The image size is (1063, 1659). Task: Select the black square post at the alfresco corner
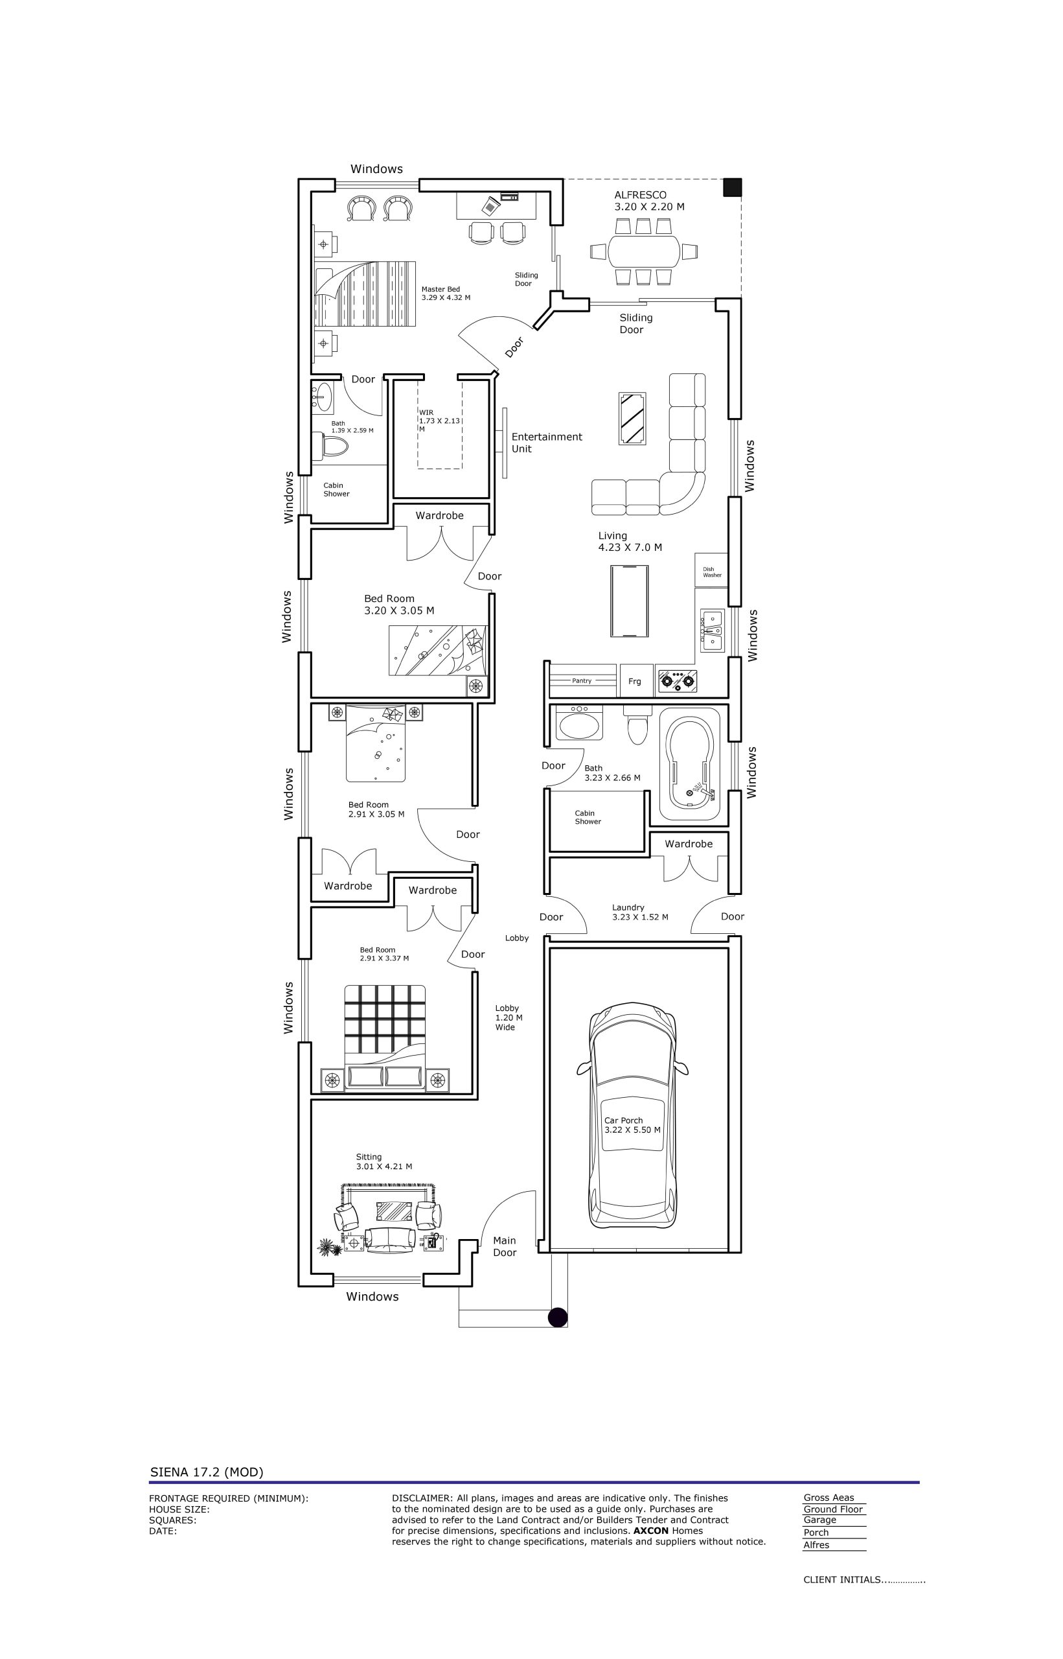[733, 187]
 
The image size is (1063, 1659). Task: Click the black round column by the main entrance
[558, 1317]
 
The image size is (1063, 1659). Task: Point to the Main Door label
[505, 1246]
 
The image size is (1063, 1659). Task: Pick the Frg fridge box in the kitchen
[635, 680]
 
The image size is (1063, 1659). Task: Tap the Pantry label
[582, 680]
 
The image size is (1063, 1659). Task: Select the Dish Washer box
[712, 570]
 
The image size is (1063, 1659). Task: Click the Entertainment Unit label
[547, 443]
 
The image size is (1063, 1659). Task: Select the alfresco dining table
[645, 251]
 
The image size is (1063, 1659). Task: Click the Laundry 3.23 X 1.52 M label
[640, 912]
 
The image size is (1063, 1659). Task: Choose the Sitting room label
[383, 1161]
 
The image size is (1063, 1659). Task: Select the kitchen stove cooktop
[676, 680]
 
